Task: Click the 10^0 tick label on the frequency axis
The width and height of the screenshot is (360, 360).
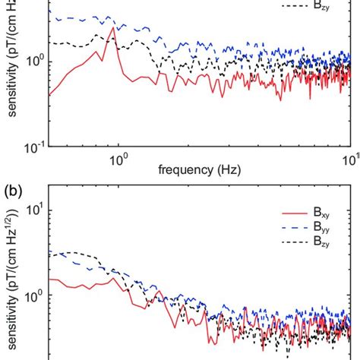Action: [118, 159]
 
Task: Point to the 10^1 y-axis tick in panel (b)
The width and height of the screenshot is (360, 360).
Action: [35, 211]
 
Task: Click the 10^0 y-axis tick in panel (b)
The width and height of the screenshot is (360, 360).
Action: [35, 297]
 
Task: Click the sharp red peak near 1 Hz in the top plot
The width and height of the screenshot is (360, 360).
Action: [113, 29]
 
